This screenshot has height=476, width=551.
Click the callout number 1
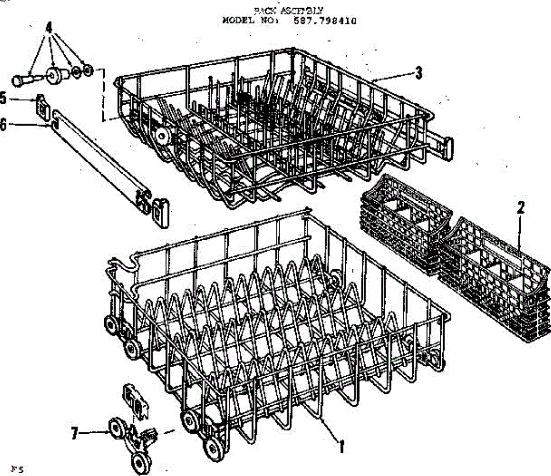341,446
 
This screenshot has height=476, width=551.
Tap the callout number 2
520,208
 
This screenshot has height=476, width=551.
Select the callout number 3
418,73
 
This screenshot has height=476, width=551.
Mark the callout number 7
74,433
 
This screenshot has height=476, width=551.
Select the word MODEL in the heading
236,21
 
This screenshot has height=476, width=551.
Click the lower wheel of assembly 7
139,461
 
